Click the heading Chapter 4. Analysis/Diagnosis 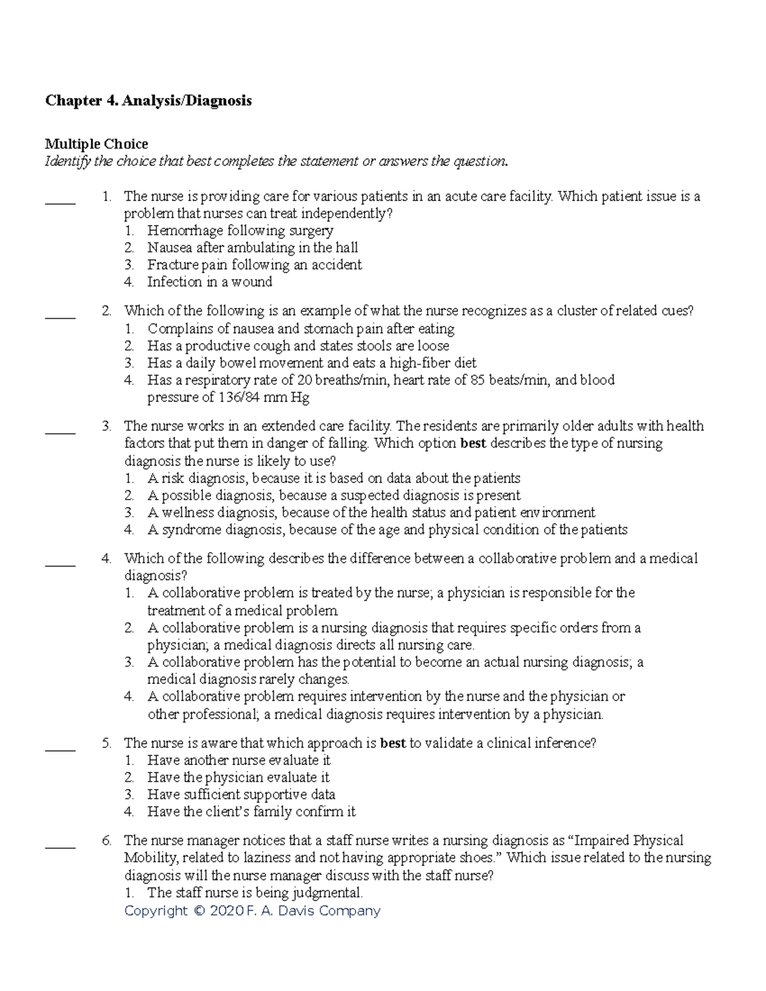pyautogui.click(x=147, y=101)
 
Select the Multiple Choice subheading pyautogui.click(x=96, y=144)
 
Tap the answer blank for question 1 pyautogui.click(x=60, y=203)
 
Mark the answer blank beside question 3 pyautogui.click(x=60, y=433)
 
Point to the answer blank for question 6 pyautogui.click(x=60, y=847)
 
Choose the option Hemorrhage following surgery pyautogui.click(x=240, y=230)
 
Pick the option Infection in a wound pyautogui.click(x=209, y=282)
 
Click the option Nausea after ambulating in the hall pyautogui.click(x=252, y=248)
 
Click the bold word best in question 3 pyautogui.click(x=473, y=443)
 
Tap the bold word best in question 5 pyautogui.click(x=393, y=743)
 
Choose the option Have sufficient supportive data pyautogui.click(x=241, y=795)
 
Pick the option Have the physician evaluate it pyautogui.click(x=238, y=778)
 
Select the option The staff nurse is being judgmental pyautogui.click(x=255, y=893)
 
